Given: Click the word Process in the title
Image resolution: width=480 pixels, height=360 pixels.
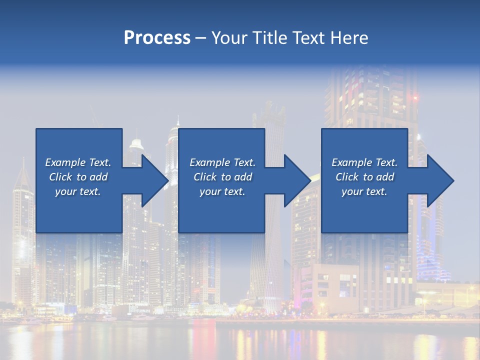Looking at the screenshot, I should point(157,38).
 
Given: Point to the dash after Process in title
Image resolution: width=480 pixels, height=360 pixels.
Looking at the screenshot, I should point(200,38).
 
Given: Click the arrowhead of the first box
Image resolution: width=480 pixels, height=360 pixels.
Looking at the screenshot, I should point(155,180).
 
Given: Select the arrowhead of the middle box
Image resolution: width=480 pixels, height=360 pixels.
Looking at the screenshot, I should point(297,180).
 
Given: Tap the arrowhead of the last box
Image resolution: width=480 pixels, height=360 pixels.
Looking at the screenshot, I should point(440,180).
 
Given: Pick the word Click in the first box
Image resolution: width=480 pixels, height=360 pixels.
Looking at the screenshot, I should point(60,177).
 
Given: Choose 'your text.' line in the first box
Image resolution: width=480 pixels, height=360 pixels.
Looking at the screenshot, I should point(78,191).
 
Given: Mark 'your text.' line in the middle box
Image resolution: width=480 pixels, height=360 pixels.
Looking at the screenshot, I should point(222,191).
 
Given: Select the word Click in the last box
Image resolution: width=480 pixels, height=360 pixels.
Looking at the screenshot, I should point(347,177).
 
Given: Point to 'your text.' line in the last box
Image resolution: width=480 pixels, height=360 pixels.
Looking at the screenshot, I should point(364,191).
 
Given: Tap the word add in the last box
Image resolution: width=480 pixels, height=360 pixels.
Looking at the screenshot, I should point(385,177).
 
